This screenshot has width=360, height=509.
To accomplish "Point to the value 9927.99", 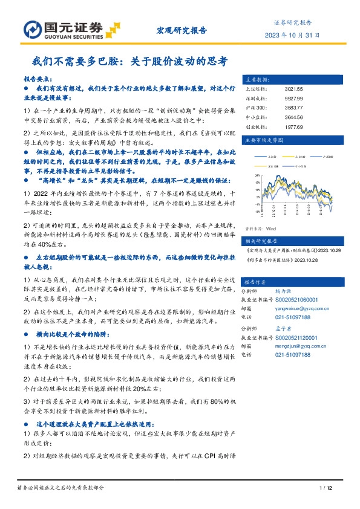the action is coord(293,97).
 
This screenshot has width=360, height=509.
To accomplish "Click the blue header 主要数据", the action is coord(254,79).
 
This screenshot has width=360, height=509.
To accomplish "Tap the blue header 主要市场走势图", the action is coord(260,140).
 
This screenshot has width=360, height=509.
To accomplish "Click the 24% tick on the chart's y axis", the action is coord(258,176).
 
